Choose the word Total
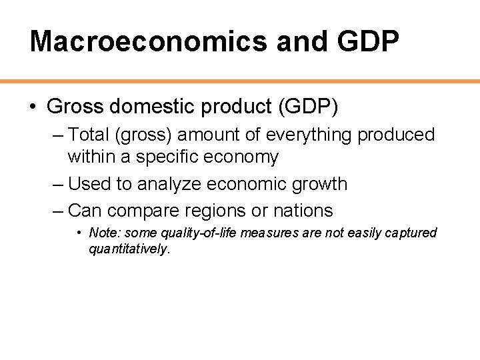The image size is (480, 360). [x=89, y=135]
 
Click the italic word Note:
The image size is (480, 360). [x=102, y=233]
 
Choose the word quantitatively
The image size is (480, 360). [x=129, y=249]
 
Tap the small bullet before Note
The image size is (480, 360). [x=79, y=233]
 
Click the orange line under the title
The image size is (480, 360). [x=240, y=81]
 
